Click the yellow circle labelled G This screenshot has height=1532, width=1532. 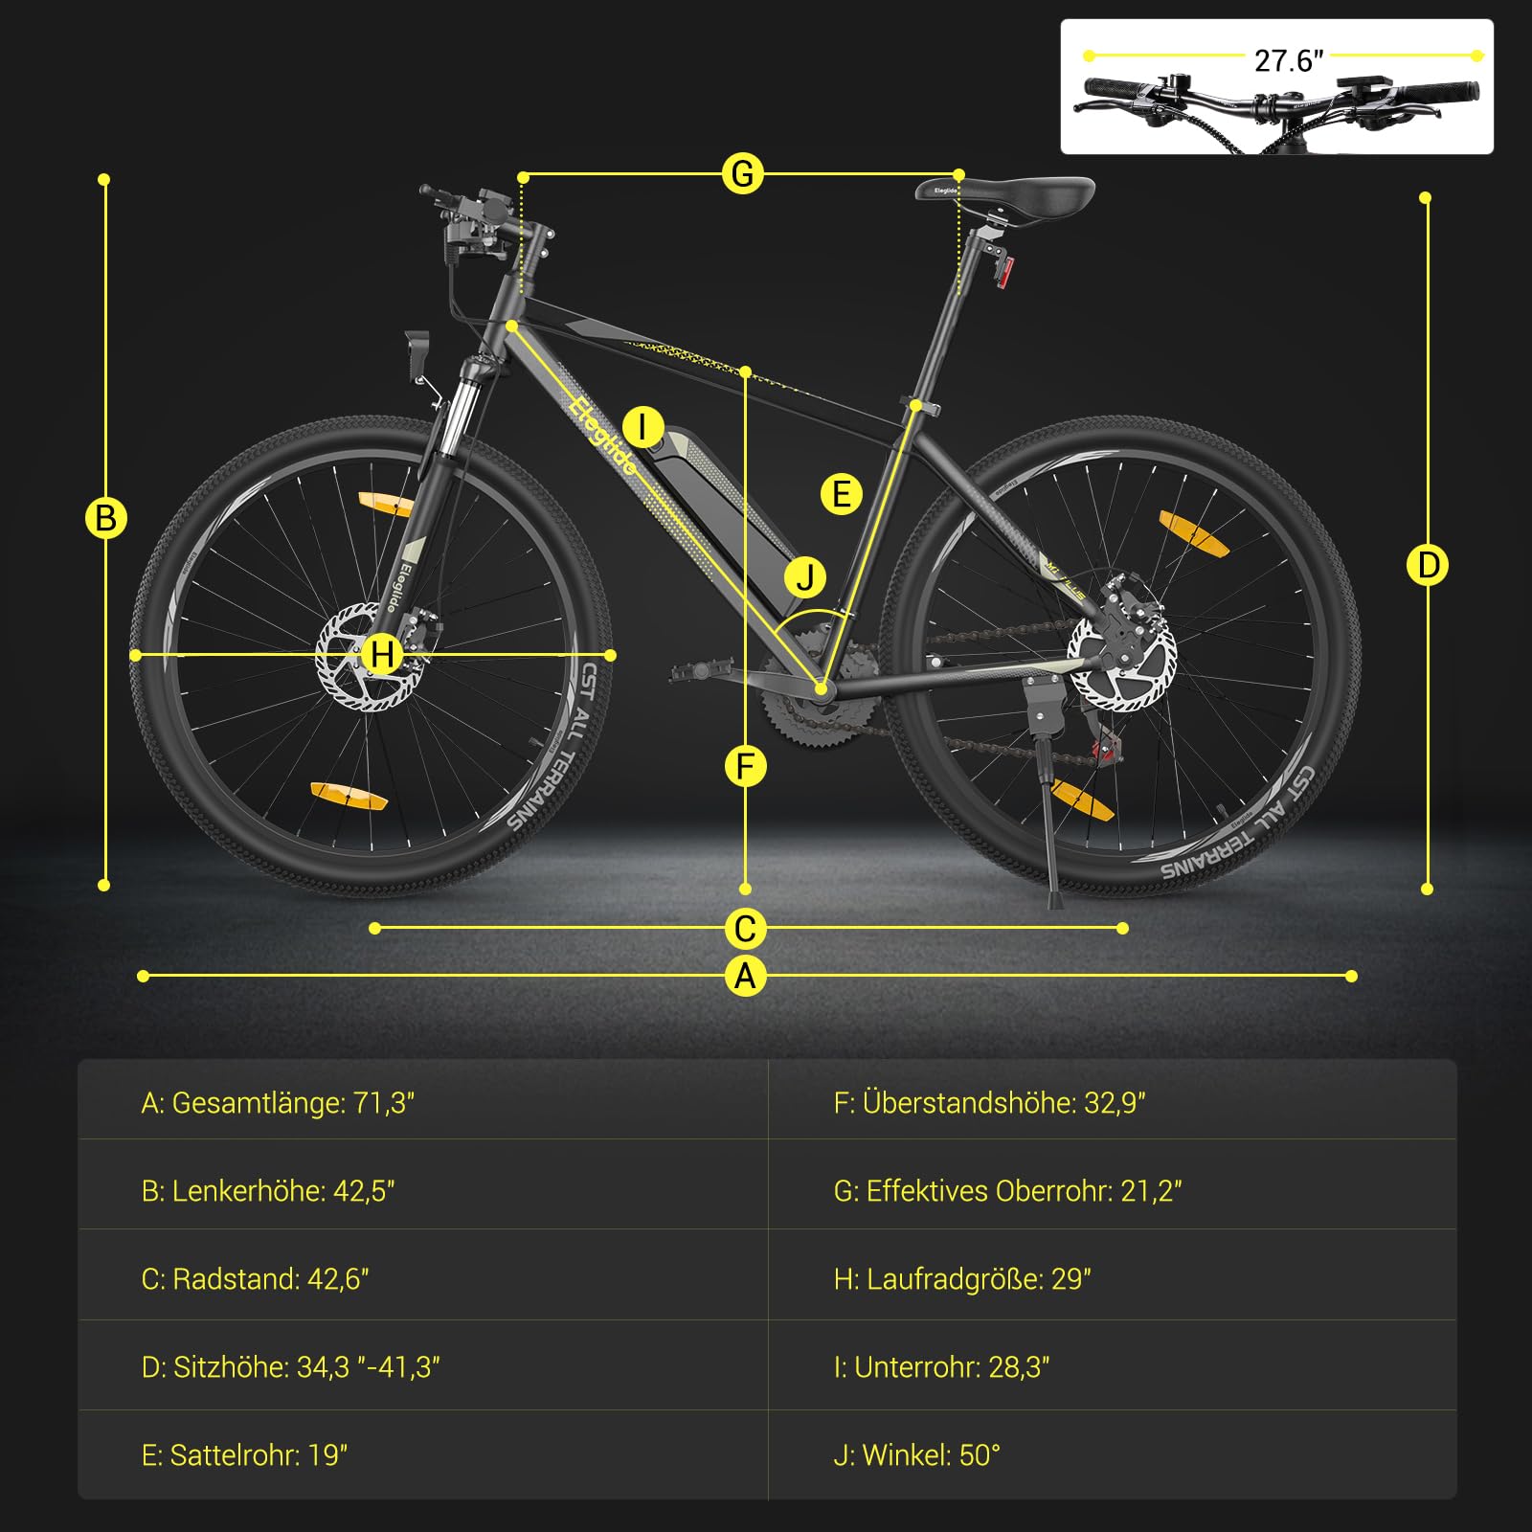[x=743, y=174]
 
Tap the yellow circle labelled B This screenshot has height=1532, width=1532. [x=105, y=518]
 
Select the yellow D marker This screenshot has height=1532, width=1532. [x=1427, y=565]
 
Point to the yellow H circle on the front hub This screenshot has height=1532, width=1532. [x=382, y=655]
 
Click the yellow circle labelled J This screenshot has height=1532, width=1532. [x=805, y=577]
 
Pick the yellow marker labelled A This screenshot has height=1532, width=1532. [x=745, y=976]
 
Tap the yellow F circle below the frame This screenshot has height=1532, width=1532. [x=746, y=766]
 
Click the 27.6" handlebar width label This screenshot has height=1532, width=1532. [x=1288, y=60]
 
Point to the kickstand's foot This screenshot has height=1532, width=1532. [x=1055, y=902]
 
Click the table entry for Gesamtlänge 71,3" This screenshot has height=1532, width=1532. [x=278, y=1103]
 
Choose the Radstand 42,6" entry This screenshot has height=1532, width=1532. [x=255, y=1279]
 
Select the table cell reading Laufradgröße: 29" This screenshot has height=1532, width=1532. [x=962, y=1279]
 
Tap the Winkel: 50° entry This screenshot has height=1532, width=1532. [x=916, y=1455]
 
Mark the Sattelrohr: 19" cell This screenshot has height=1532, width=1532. [x=244, y=1455]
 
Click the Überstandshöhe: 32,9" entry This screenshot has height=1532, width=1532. [x=989, y=1103]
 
